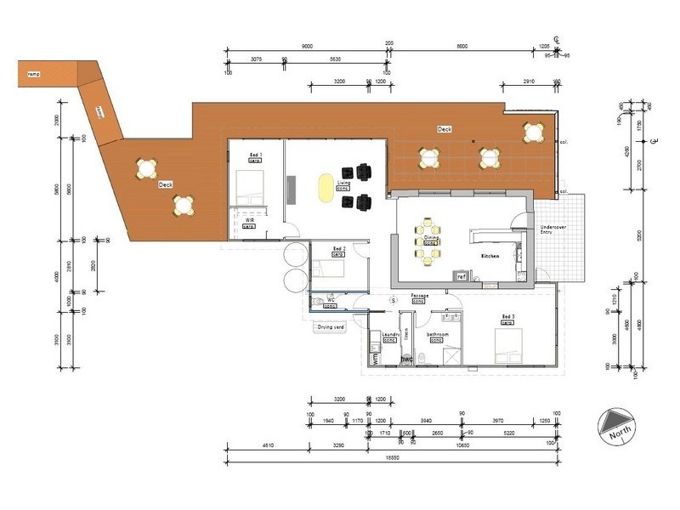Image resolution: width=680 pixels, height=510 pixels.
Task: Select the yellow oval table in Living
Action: (x=326, y=189)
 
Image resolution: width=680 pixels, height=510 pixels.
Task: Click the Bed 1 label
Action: (x=255, y=155)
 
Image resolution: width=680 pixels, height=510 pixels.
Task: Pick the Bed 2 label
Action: (x=337, y=248)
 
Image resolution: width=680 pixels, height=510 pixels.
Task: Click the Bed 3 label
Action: (x=508, y=316)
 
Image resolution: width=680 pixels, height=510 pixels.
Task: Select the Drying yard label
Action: (x=331, y=326)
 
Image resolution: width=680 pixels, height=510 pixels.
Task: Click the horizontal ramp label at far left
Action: (x=33, y=74)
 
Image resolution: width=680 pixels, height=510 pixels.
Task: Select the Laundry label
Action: (x=390, y=335)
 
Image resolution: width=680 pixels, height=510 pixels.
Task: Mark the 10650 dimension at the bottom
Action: (x=463, y=445)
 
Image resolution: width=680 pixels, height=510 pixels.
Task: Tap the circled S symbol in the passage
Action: (x=393, y=300)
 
